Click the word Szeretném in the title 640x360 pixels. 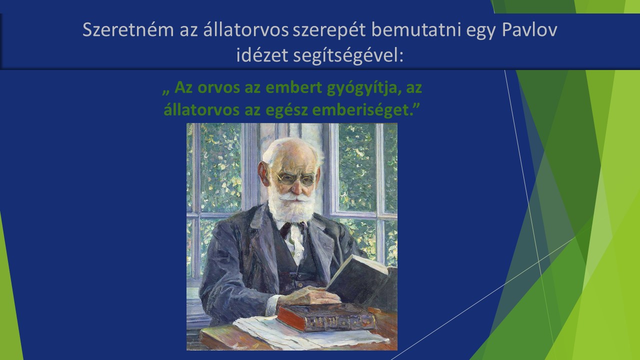[128, 29]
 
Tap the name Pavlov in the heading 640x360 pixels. [529, 29]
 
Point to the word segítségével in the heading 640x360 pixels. [348, 55]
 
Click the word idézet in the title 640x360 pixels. [262, 55]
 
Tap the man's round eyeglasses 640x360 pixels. [296, 179]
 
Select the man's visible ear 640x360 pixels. [263, 173]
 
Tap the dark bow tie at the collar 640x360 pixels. [293, 228]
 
